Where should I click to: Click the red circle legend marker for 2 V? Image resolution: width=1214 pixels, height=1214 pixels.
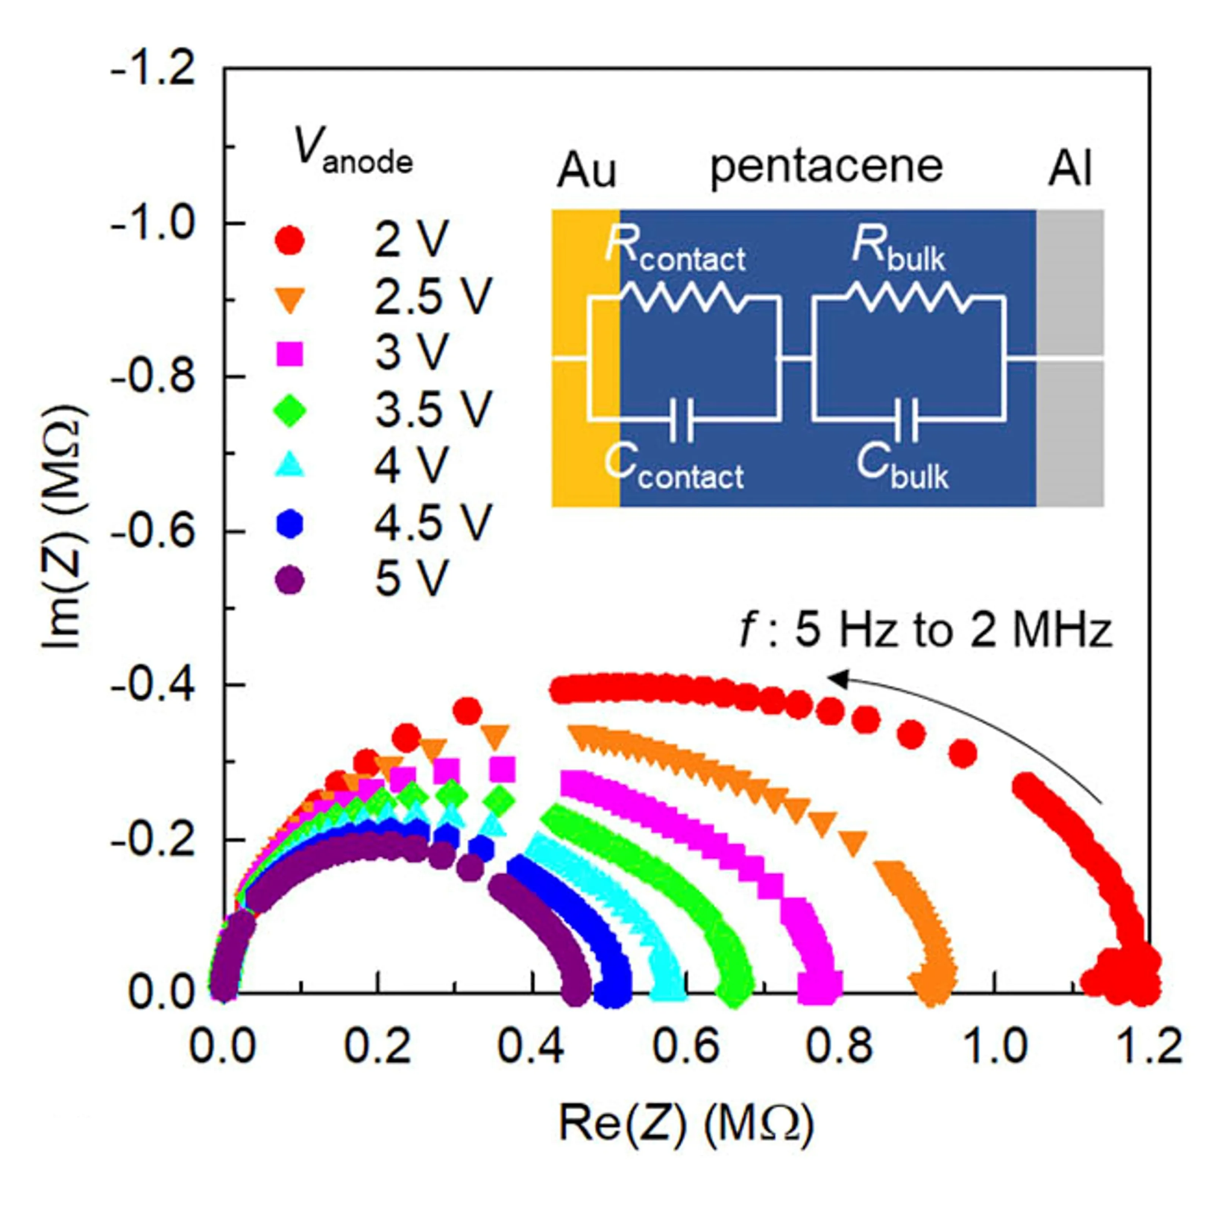click(x=290, y=240)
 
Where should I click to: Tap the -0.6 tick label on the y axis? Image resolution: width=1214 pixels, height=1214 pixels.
click(x=152, y=532)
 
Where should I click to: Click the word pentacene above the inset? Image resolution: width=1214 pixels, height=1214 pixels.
click(x=826, y=167)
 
